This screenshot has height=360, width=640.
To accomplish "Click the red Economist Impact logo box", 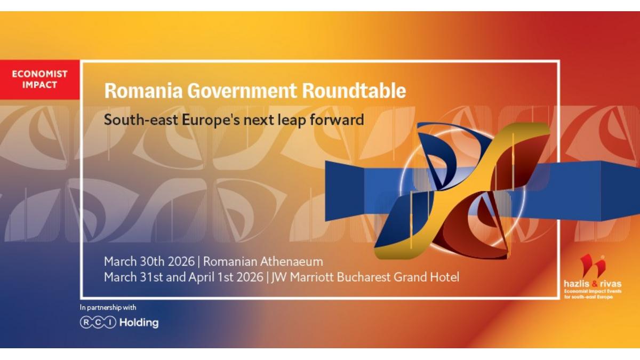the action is pos(39,79).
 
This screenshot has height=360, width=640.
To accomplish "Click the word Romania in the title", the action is pos(143,91).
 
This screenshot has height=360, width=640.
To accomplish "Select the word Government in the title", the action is pos(242,91).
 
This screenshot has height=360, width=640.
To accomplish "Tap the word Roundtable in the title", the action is pos(354,91).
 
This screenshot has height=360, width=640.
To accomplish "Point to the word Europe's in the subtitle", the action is pos(211,120).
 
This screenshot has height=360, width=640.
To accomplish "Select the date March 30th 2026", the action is pos(149,262).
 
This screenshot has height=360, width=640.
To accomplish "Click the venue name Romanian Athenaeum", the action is pos(263,262).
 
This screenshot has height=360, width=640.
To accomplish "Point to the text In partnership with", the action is pos(108,308).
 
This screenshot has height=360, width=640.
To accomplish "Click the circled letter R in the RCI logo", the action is pos(86,323).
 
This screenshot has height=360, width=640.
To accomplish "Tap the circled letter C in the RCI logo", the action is pos(98,323).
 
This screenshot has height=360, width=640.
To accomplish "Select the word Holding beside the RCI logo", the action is pos(139,323).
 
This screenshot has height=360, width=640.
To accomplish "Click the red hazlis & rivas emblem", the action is pos(593,266).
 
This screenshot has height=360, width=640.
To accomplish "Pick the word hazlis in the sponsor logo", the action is pos(574,284).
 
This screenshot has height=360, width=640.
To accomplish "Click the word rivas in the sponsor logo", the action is pos(611,284).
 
